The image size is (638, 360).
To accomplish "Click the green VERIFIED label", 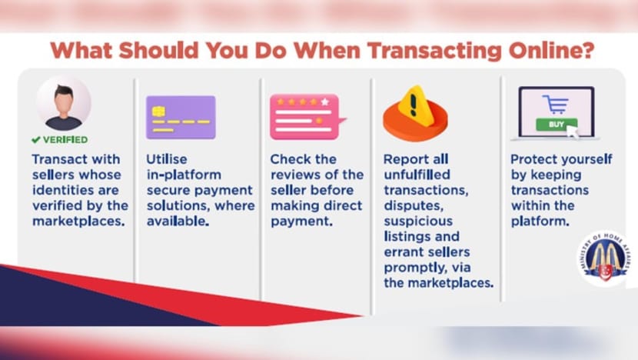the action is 65,140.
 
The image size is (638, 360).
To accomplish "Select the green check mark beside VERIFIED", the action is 36,140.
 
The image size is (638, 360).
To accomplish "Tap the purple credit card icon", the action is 181,117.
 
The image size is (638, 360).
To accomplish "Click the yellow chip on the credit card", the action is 158,112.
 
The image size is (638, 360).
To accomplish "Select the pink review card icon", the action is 307,117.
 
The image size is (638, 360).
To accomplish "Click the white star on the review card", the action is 324,102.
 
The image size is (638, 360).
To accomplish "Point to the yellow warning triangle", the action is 413,102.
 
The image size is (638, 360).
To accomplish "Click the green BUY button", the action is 557,124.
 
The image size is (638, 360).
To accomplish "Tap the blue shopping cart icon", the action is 556,105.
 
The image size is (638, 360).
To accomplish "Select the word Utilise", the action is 167,158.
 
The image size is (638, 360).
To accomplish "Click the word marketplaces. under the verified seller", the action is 78,221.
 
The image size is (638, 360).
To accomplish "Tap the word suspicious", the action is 418,221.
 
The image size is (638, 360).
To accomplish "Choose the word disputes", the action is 414,206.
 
